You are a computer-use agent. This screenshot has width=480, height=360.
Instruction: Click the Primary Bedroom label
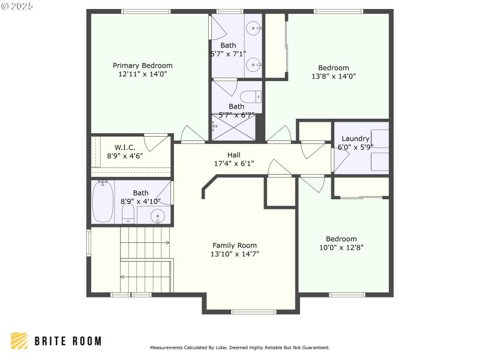click(143, 65)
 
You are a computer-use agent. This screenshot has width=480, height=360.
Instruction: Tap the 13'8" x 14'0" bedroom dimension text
click(334, 76)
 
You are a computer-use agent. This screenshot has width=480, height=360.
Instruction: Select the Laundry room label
click(355, 139)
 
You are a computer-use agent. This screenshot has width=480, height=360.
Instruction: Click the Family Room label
click(235, 245)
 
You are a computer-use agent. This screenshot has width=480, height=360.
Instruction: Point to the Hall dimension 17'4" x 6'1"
click(234, 163)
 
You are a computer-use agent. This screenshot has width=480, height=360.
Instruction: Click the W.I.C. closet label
click(125, 147)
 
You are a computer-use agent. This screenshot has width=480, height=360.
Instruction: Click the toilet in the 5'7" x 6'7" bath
click(251, 97)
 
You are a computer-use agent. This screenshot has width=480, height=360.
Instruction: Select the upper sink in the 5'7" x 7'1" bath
click(255, 28)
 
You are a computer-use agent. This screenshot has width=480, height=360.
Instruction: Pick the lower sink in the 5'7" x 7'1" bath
click(255, 63)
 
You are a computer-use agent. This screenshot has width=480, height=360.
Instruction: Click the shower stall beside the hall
click(234, 128)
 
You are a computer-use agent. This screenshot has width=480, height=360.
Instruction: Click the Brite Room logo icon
click(19, 341)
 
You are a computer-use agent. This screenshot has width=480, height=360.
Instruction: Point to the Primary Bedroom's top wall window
click(146, 11)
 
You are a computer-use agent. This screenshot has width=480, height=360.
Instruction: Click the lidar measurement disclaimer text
click(239, 347)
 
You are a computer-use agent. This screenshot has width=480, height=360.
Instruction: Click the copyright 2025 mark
click(17, 6)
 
